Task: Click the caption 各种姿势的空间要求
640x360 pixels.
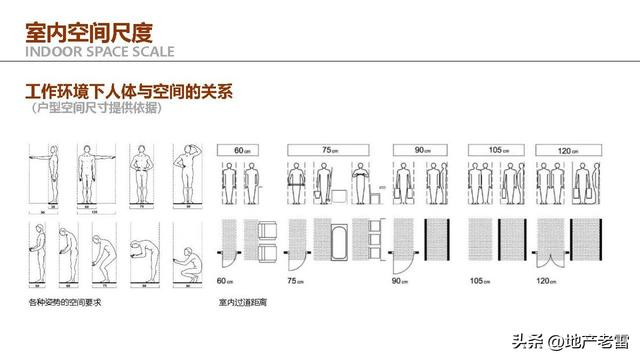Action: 63,300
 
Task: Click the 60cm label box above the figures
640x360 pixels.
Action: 240,149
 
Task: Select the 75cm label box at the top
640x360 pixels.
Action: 326,149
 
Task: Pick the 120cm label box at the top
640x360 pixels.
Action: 566,149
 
